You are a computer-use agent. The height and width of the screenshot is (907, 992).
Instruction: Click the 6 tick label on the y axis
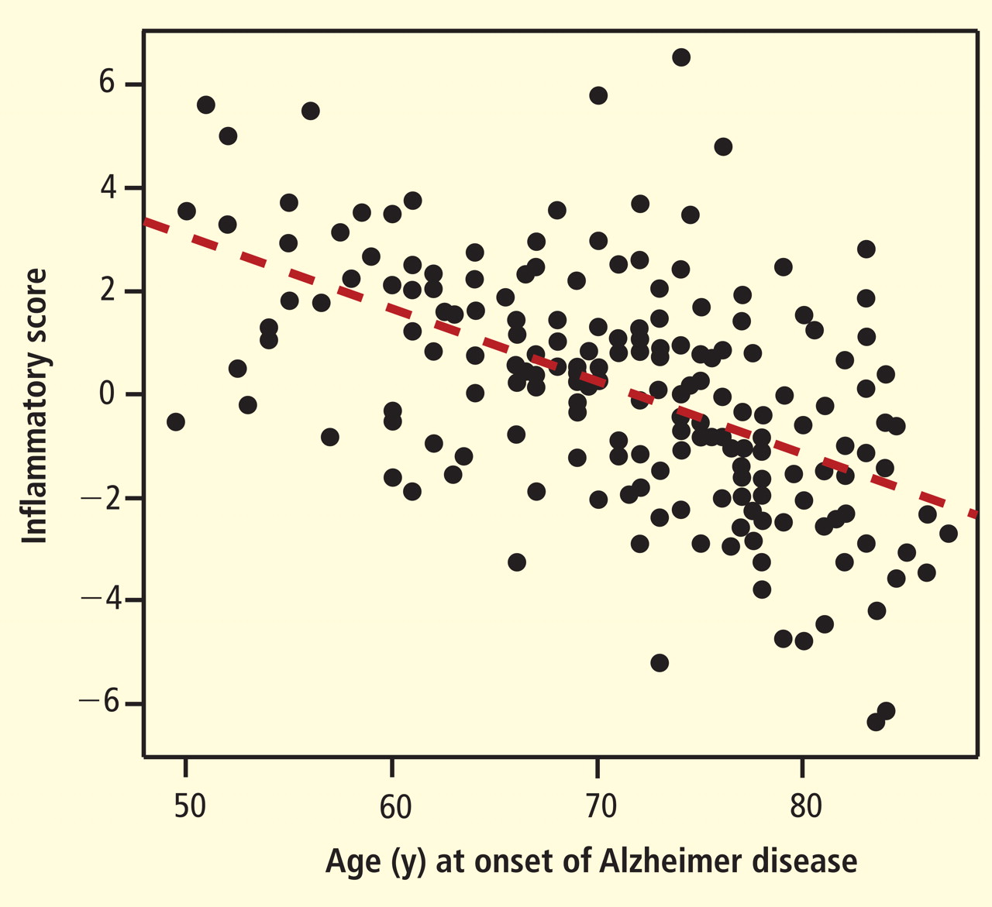click(x=107, y=84)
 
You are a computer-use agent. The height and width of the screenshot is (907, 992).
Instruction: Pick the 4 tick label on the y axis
click(x=107, y=187)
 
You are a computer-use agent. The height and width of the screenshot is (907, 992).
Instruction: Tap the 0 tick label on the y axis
click(x=107, y=394)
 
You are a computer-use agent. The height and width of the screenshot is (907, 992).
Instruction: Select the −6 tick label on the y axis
click(x=99, y=703)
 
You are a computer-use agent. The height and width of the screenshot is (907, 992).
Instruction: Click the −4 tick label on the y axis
click(x=99, y=600)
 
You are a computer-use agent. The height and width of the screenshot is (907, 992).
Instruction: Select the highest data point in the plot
click(x=681, y=57)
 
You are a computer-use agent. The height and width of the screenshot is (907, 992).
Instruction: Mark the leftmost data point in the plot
click(x=176, y=421)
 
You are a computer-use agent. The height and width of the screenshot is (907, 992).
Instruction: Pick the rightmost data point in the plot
click(x=948, y=534)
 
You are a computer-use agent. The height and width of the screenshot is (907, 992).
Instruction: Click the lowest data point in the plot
click(x=877, y=722)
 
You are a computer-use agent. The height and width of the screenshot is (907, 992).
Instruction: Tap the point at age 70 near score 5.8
click(x=598, y=95)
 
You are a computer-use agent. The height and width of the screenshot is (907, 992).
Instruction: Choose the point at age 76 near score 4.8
click(x=723, y=146)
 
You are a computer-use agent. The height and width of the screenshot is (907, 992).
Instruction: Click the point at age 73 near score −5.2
click(x=660, y=663)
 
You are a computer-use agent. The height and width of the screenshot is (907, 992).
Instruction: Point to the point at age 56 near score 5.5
click(x=310, y=111)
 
